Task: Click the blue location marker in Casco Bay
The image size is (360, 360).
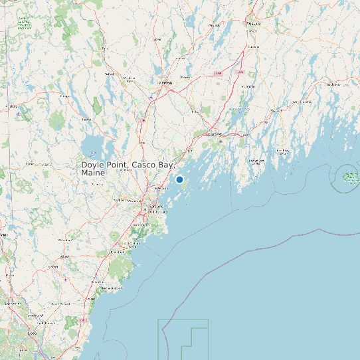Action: (x=179, y=179)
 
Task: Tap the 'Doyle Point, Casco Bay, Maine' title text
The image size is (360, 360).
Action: (x=127, y=168)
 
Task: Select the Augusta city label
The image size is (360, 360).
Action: (x=252, y=23)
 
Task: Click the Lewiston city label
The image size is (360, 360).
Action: (x=165, y=82)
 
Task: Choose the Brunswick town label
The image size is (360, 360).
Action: (x=215, y=134)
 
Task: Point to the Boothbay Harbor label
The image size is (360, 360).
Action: (x=256, y=161)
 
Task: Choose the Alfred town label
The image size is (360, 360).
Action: (x=64, y=256)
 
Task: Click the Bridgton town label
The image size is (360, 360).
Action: (x=65, y=96)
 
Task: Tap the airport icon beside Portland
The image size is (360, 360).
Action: (x=149, y=211)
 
